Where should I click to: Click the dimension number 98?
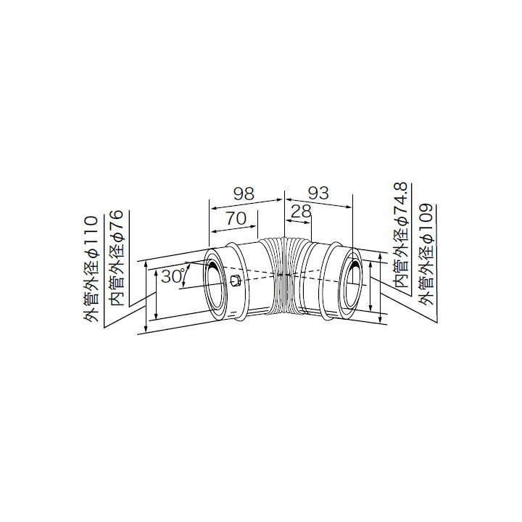pos(244,194)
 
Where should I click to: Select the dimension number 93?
pos(318,193)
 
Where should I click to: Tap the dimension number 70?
pos(236,218)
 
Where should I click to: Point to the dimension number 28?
pos(301,211)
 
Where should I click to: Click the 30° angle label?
pos(173,275)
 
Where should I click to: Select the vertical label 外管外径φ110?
pos(91,269)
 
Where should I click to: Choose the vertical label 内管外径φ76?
pos(117,257)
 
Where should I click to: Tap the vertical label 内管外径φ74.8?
pos(400,235)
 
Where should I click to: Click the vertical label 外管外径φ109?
pos(426,254)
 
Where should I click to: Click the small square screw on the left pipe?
pos(236,280)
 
